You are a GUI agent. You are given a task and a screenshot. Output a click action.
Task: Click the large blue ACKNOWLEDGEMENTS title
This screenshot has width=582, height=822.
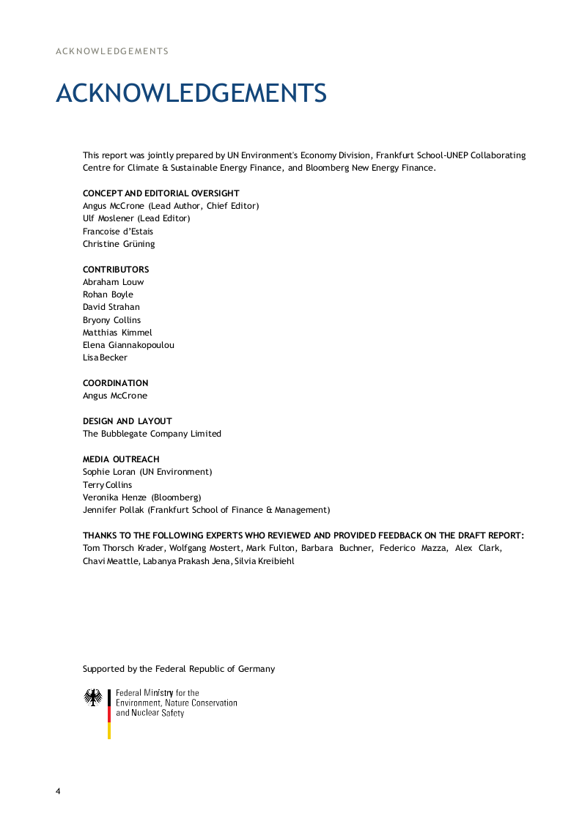pos(191,94)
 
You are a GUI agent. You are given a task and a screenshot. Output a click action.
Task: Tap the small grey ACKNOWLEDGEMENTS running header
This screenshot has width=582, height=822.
pos(112,51)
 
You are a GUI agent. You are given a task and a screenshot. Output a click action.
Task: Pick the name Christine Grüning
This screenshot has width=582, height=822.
pos(119,244)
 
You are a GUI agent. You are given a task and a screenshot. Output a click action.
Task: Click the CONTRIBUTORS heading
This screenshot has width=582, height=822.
pos(116,270)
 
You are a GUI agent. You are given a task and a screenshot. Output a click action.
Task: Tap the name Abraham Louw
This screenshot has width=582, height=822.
pos(113,282)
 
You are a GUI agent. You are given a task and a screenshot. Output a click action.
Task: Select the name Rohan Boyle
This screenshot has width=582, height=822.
pos(108,295)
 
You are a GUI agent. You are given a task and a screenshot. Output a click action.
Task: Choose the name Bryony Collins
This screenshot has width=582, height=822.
pos(111,320)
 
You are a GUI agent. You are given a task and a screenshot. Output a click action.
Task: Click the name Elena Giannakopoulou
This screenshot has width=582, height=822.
pos(128,345)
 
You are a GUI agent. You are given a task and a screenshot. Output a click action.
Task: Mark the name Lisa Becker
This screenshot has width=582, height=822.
pos(105,358)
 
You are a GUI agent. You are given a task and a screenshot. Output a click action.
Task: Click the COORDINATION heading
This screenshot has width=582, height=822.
pos(115,383)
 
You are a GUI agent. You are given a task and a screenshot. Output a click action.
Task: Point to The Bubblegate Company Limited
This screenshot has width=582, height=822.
pos(152,434)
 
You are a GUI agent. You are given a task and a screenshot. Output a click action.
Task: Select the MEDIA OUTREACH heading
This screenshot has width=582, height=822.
pos(121,459)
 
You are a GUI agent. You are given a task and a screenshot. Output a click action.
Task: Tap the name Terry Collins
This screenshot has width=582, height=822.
pos(107,485)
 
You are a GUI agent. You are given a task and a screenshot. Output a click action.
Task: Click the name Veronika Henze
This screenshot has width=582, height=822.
pos(114,497)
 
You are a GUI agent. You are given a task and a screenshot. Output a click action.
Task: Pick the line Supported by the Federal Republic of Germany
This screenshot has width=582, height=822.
pos(179,669)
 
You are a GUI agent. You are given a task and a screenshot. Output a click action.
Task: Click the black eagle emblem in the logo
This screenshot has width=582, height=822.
pos(93,697)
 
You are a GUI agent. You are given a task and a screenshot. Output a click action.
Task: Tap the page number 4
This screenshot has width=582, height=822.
pos(59,791)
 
